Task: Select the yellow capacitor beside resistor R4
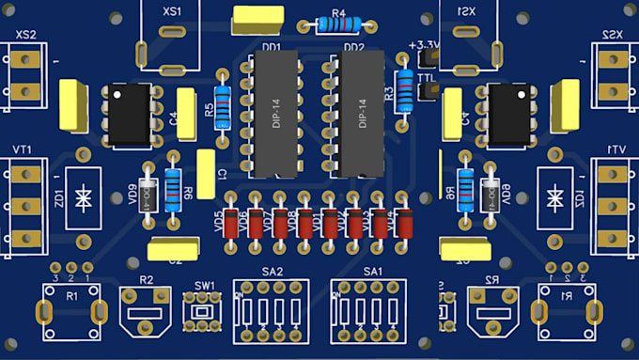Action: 258,18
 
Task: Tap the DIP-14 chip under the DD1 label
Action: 273,114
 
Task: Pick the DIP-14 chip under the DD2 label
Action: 363,114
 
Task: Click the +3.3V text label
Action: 425,44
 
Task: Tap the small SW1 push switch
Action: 200,311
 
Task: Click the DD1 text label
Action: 272,46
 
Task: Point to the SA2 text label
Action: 272,271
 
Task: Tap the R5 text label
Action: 209,110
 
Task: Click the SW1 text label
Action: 205,285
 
